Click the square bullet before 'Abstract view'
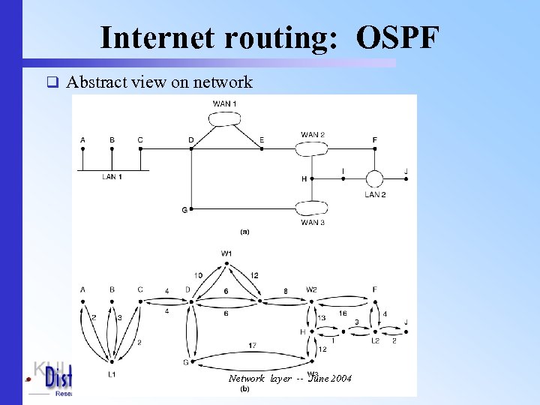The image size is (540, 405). [x=52, y=82]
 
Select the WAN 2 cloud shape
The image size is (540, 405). [x=312, y=148]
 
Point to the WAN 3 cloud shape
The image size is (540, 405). [x=312, y=208]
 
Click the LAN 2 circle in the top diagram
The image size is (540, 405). [x=374, y=178]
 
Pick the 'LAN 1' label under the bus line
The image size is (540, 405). [x=112, y=177]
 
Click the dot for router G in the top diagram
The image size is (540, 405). [x=191, y=208]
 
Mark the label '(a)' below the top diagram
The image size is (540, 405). [x=244, y=232]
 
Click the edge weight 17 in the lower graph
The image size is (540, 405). [x=252, y=345]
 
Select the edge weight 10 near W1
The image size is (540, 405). [x=198, y=275]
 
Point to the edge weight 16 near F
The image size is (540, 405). [x=342, y=313]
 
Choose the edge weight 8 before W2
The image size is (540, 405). [x=285, y=291]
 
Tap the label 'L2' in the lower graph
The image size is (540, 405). [x=374, y=340]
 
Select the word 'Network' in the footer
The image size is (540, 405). [x=247, y=378]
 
